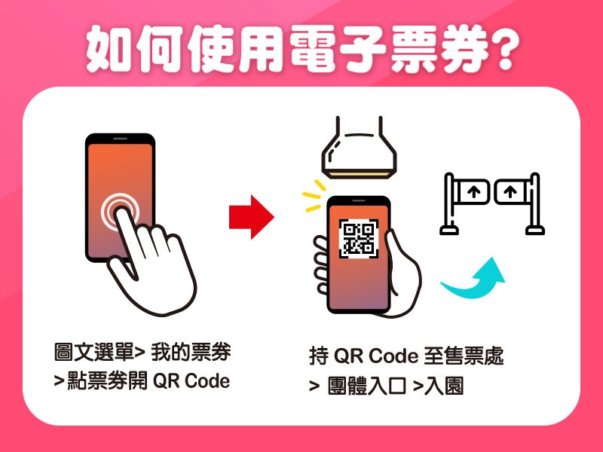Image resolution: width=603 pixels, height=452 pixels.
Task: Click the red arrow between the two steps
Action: point(252,217)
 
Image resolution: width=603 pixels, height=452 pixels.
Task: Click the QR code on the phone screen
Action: point(359,238)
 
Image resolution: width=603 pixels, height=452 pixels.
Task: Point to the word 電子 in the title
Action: point(338,49)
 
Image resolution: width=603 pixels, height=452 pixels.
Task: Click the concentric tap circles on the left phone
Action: point(120,212)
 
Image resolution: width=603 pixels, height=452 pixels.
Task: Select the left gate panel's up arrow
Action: point(474,191)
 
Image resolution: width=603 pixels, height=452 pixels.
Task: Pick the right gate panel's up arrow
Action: point(510,191)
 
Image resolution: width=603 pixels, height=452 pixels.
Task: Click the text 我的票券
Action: point(191,352)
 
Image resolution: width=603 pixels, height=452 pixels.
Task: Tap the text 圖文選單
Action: point(93,352)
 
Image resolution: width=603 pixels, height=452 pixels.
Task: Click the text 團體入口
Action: point(367,386)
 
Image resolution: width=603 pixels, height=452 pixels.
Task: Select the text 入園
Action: point(444,386)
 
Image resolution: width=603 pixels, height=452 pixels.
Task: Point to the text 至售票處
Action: point(464,356)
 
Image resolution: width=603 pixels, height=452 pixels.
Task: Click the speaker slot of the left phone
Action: point(120,139)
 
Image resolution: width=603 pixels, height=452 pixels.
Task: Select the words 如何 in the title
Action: point(135,49)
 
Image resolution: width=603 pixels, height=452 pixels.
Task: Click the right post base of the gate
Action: point(535,231)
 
